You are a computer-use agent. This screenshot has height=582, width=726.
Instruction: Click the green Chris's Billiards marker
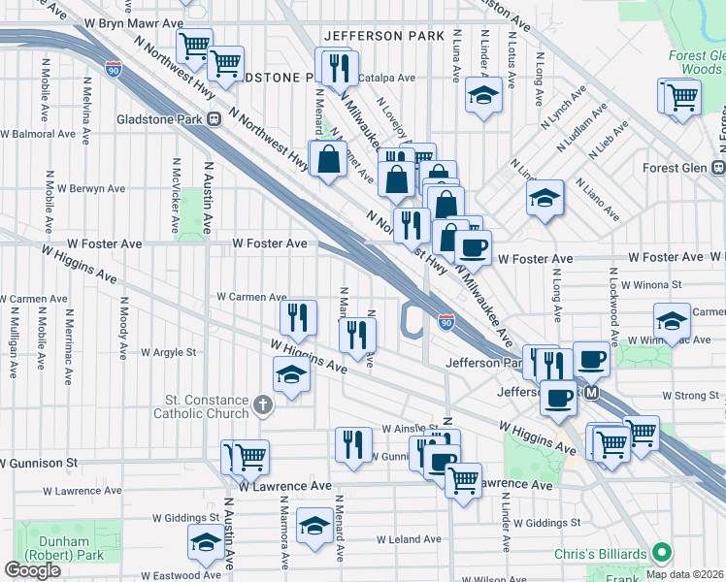(x=663, y=554)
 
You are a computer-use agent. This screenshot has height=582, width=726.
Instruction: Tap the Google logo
(x=33, y=569)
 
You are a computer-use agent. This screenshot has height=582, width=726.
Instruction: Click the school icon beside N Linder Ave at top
(x=482, y=95)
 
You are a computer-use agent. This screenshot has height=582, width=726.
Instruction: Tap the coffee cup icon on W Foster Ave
(x=473, y=247)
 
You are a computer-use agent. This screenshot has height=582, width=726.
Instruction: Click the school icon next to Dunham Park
(x=205, y=546)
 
